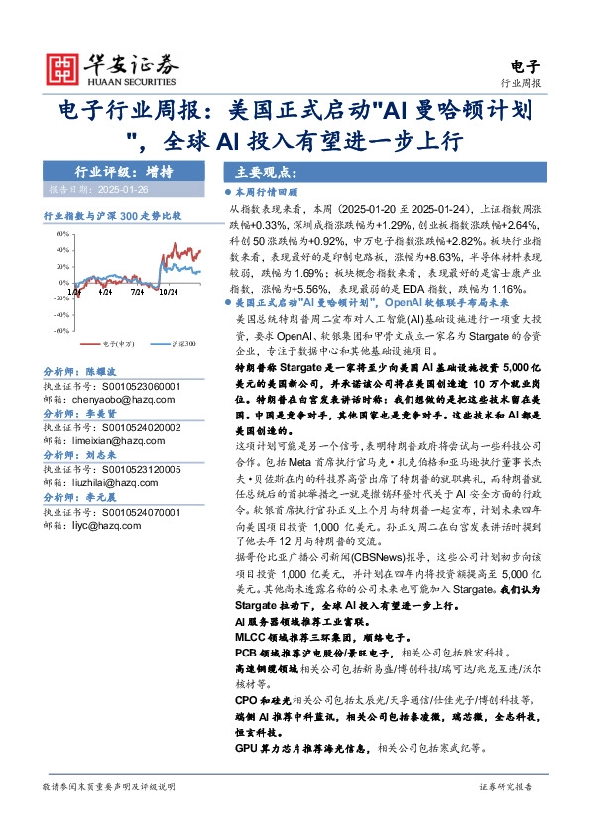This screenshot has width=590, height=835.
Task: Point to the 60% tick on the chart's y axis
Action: pos(61,235)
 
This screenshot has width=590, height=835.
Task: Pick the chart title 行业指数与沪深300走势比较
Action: pos(112,215)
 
